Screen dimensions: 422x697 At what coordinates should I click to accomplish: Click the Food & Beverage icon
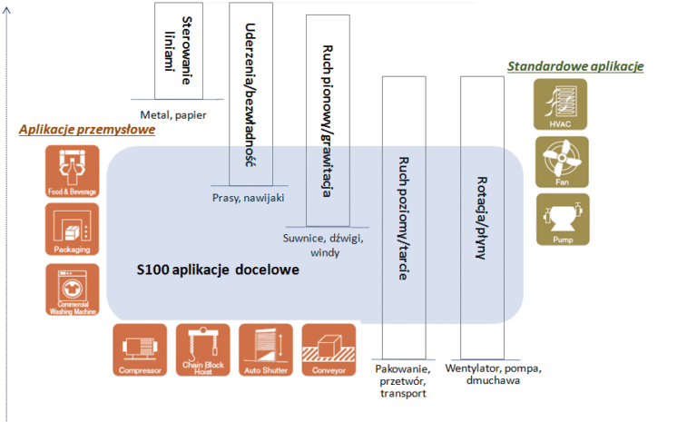(71, 172)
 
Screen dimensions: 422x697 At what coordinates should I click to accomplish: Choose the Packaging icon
(71, 229)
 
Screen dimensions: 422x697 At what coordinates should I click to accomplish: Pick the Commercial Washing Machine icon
(71, 290)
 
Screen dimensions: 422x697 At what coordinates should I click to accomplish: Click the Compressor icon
(140, 350)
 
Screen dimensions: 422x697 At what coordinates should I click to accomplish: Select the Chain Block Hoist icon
(203, 350)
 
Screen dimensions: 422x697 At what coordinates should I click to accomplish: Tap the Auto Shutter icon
(266, 350)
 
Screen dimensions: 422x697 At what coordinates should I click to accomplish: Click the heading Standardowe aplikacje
(575, 66)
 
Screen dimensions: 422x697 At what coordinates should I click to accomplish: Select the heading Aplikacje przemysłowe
(87, 130)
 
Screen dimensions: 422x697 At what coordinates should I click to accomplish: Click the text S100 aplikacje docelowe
(218, 270)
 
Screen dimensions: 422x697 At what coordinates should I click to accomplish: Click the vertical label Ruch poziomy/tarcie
(405, 218)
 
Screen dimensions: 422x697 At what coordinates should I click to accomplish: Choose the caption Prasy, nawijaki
(249, 196)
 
